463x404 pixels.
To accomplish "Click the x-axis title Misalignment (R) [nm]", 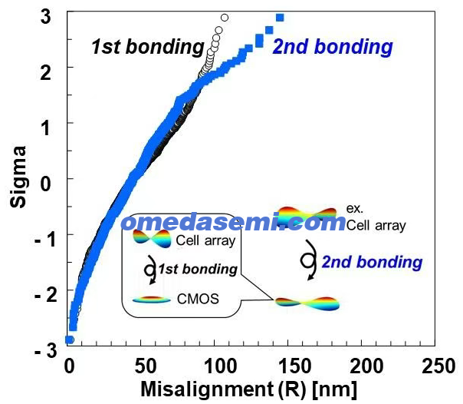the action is click(x=248, y=389).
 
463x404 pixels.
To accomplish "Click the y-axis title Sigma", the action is click(x=18, y=177).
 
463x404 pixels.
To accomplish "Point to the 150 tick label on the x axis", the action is click(x=295, y=366).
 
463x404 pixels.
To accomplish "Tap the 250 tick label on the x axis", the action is click(x=438, y=366).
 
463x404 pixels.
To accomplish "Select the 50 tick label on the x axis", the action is click(x=145, y=366).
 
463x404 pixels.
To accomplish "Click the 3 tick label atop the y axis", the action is click(x=46, y=16).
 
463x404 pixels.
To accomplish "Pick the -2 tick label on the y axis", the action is click(x=46, y=295).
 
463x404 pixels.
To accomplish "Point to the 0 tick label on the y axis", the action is click(x=46, y=184).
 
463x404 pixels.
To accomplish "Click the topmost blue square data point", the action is click(x=280, y=18).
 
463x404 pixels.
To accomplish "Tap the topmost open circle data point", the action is click(x=225, y=18).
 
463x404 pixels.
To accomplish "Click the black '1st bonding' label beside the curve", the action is click(x=148, y=47).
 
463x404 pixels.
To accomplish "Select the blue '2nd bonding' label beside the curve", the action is click(x=333, y=47).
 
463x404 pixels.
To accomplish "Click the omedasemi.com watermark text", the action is click(x=233, y=223).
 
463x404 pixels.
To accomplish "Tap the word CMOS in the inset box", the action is click(x=198, y=299).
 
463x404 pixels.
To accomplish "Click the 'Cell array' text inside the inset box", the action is click(x=205, y=240).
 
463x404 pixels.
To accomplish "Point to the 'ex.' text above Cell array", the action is click(x=354, y=208).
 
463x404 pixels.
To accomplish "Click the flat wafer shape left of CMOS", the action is click(x=152, y=300).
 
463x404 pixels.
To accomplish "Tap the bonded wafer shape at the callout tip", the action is click(x=307, y=303).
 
